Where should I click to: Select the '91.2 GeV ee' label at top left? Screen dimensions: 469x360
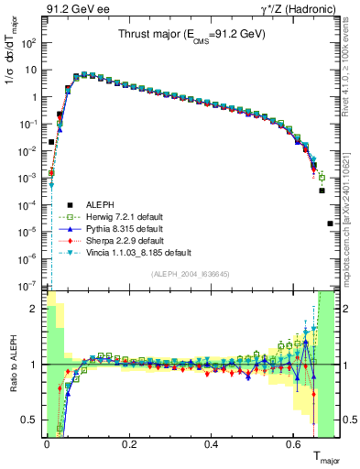pyautogui.click(x=69, y=9)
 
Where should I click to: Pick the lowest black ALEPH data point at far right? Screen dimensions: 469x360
pyautogui.click(x=330, y=224)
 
